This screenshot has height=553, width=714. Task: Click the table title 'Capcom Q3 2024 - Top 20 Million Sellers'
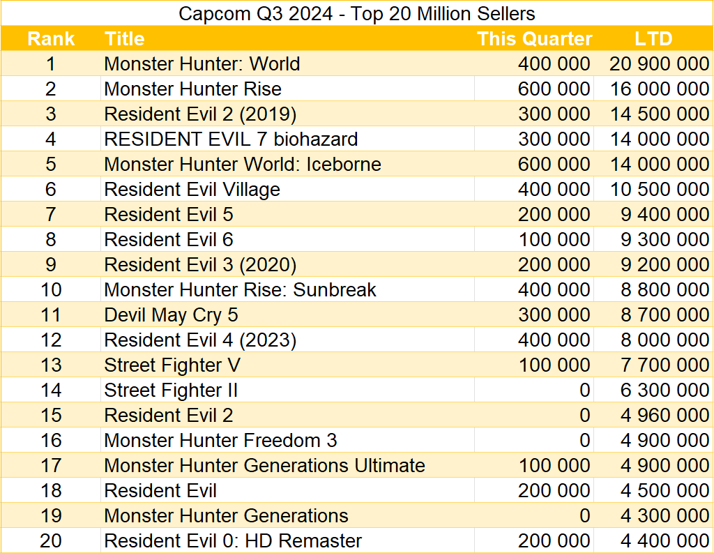(357, 13)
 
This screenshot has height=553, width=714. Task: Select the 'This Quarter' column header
(534, 39)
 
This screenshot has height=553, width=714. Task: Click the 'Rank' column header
(51, 39)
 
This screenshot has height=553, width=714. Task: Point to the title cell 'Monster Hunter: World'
(202, 64)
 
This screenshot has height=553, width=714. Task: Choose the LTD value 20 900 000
(659, 64)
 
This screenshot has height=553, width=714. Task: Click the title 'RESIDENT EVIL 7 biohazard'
(231, 139)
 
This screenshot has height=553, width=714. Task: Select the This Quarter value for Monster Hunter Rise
(554, 89)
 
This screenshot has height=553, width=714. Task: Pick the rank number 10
(51, 290)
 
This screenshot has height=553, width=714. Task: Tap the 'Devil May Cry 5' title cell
(171, 315)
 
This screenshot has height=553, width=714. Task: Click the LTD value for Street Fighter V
(664, 365)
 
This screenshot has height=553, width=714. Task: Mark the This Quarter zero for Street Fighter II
(584, 391)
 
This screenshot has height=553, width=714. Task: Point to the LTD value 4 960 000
(664, 416)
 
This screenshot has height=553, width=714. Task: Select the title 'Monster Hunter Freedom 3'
(220, 441)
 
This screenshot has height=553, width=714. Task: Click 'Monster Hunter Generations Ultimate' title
(264, 466)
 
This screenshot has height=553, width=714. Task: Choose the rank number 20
(51, 541)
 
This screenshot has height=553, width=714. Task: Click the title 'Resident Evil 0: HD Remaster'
(233, 541)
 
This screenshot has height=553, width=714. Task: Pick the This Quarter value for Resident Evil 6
(554, 240)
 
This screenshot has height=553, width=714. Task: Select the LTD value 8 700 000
(664, 315)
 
